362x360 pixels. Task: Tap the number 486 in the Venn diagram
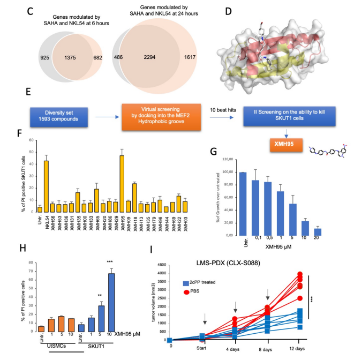[112, 57]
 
